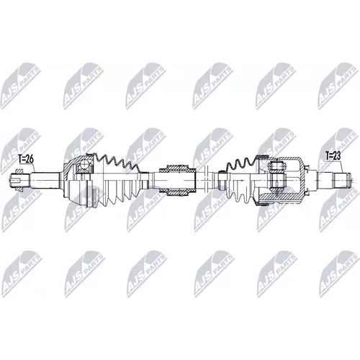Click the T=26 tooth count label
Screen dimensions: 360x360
26,159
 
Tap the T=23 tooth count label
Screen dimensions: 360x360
333,156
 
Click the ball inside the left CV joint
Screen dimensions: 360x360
84,165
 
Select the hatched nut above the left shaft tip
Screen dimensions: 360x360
19,171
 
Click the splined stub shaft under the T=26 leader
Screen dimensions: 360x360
45,181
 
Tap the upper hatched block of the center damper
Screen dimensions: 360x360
177,168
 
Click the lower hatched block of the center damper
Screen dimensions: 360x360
177,192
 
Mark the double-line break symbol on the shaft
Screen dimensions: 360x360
206,181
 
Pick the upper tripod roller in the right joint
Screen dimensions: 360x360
278,166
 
